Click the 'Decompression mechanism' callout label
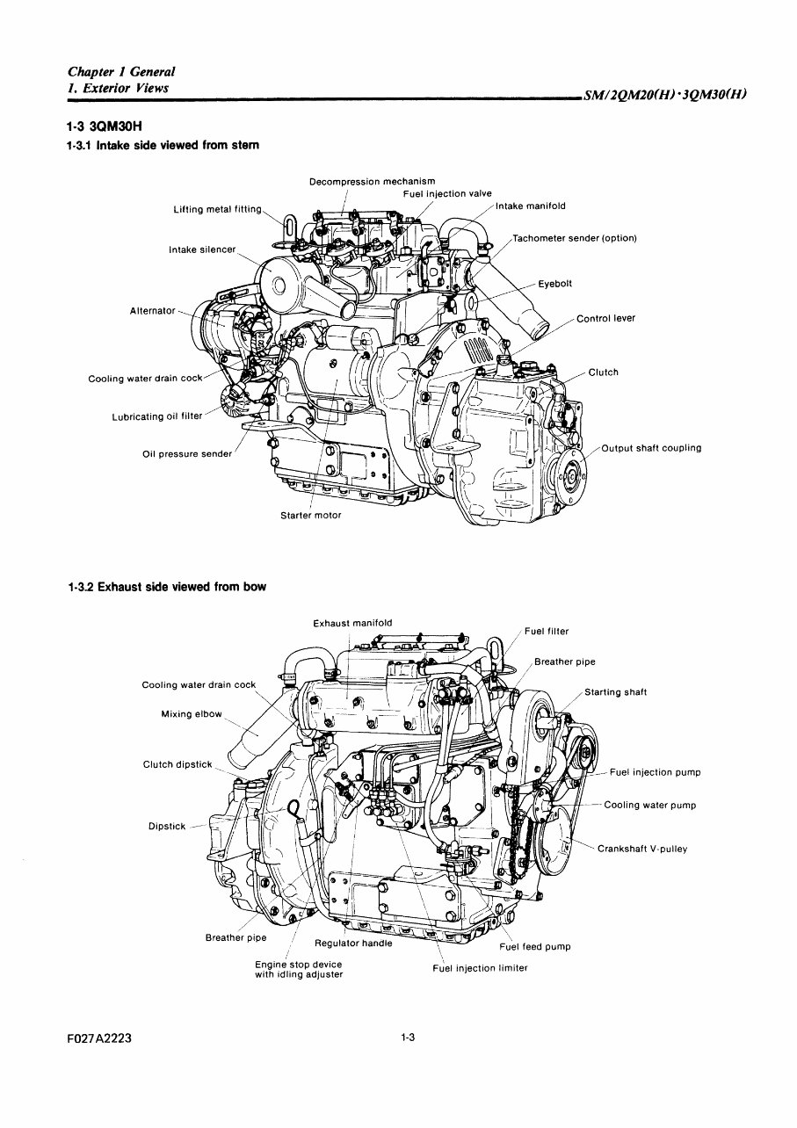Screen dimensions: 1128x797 372,182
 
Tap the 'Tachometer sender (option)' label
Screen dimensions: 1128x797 575,238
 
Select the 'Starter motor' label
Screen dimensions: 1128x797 310,516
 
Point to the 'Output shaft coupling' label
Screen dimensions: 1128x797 651,448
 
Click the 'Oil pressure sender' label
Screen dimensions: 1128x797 187,454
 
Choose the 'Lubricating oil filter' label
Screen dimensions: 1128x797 156,416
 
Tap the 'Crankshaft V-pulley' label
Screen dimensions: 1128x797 642,850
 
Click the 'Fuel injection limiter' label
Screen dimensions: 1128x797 480,968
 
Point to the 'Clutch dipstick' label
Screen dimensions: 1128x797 178,764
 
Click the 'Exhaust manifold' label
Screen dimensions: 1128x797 352,624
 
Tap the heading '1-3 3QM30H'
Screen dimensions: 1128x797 105,126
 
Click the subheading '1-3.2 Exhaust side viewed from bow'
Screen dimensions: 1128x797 166,586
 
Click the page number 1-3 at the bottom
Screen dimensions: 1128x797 407,1038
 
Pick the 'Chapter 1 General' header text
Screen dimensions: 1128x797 121,72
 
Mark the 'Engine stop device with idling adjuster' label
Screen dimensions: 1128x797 298,969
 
